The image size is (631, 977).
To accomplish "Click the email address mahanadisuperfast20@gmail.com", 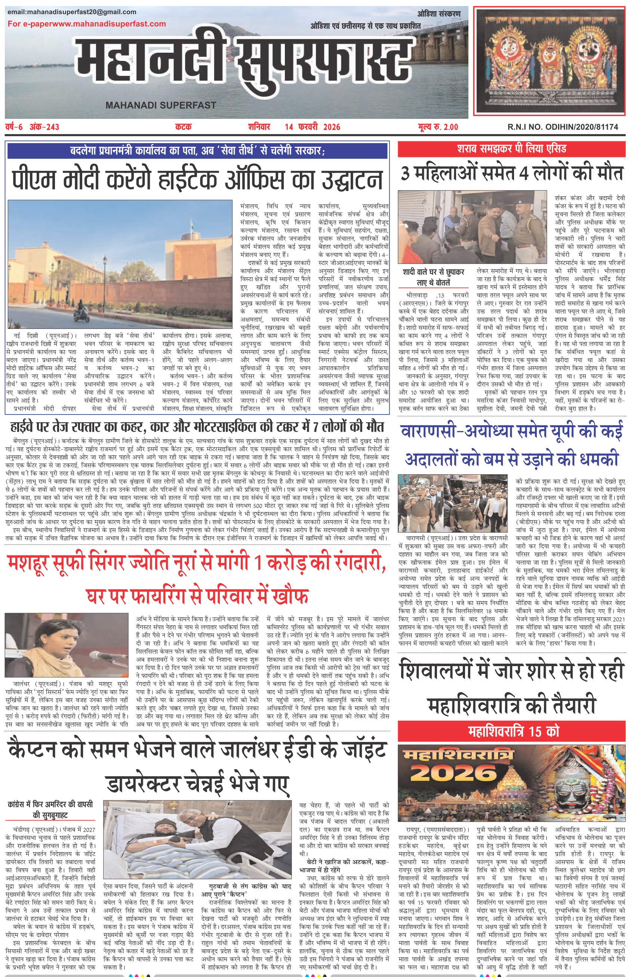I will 72,12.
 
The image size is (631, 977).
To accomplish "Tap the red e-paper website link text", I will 86,24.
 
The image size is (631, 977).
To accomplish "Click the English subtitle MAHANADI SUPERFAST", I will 161,105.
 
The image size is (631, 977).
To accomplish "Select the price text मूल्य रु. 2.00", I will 438,127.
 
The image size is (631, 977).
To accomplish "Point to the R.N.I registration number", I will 563,127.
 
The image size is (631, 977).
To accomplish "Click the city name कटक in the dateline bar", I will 183,127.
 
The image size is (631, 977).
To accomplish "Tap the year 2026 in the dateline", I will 332,127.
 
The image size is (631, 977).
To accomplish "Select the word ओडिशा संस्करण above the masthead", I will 439,14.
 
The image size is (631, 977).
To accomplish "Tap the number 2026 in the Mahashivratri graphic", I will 453,773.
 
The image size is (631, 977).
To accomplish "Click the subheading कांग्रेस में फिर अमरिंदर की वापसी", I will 50,804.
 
